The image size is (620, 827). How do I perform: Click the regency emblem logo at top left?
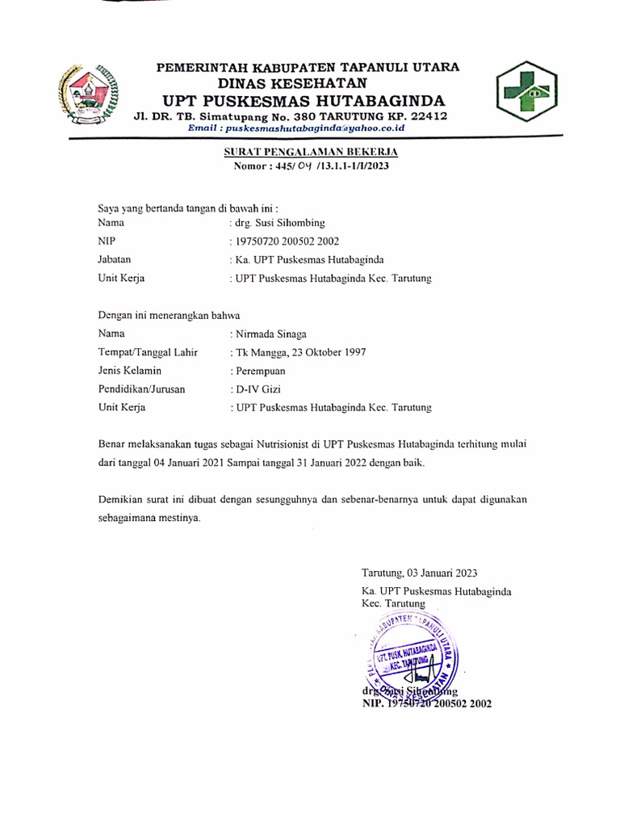pos(87,92)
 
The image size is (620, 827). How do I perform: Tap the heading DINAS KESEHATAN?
pos(293,83)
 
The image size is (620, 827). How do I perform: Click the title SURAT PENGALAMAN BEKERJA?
pos(311,152)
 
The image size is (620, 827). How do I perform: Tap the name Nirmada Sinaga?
pos(271,334)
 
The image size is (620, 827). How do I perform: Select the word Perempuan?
pos(259,371)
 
